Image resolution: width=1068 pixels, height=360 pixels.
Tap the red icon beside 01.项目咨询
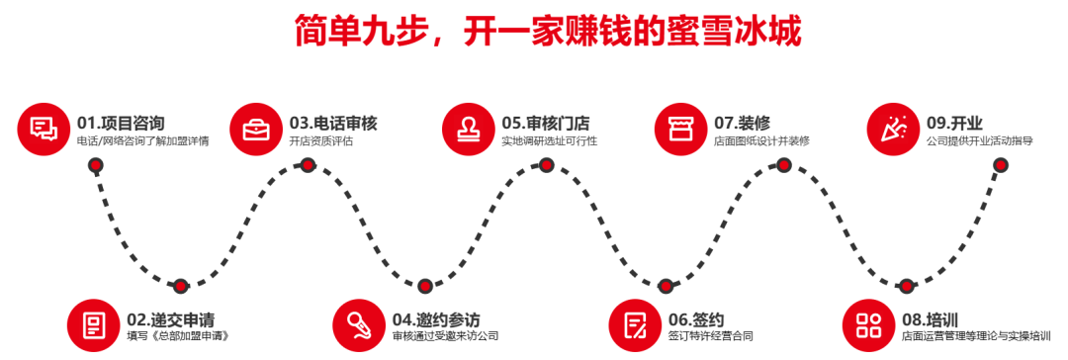point(44,129)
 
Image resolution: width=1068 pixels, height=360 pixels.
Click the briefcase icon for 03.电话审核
point(256,129)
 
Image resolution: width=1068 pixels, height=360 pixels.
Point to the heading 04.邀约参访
point(436,319)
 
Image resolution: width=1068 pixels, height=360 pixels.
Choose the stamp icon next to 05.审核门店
point(469,129)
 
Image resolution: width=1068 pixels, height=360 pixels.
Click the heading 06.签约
point(696,319)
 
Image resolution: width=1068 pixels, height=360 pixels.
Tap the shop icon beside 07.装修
point(681,129)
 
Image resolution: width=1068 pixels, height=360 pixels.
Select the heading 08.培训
point(930,319)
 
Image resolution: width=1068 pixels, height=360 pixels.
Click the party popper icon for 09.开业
point(893,129)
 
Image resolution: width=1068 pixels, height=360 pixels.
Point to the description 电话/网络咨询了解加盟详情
point(142,142)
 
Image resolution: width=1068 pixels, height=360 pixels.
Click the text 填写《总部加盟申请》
point(179,336)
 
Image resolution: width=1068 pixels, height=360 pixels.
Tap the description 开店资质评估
point(321,142)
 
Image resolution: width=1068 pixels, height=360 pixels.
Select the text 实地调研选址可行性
point(549,142)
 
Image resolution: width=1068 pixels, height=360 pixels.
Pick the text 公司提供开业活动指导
point(980,142)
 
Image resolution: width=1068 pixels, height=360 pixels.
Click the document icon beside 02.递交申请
point(94,324)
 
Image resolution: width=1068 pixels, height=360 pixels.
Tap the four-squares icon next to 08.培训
point(868,324)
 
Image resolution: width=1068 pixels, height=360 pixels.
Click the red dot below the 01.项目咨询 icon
point(96,165)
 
